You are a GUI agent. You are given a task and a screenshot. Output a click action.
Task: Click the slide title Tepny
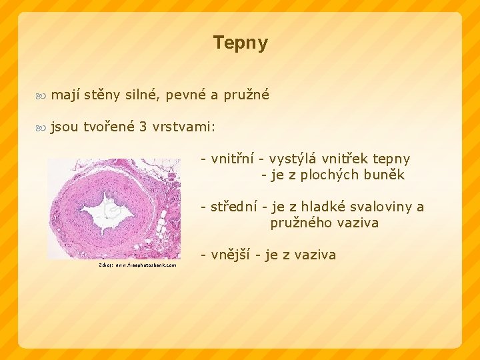(x=240, y=43)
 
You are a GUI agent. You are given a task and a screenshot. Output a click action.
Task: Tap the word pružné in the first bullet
(x=247, y=95)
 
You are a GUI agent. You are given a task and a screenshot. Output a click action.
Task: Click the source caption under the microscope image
(x=137, y=265)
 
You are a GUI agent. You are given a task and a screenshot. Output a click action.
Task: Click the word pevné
(x=185, y=95)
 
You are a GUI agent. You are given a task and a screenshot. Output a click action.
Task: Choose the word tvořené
(x=107, y=127)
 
